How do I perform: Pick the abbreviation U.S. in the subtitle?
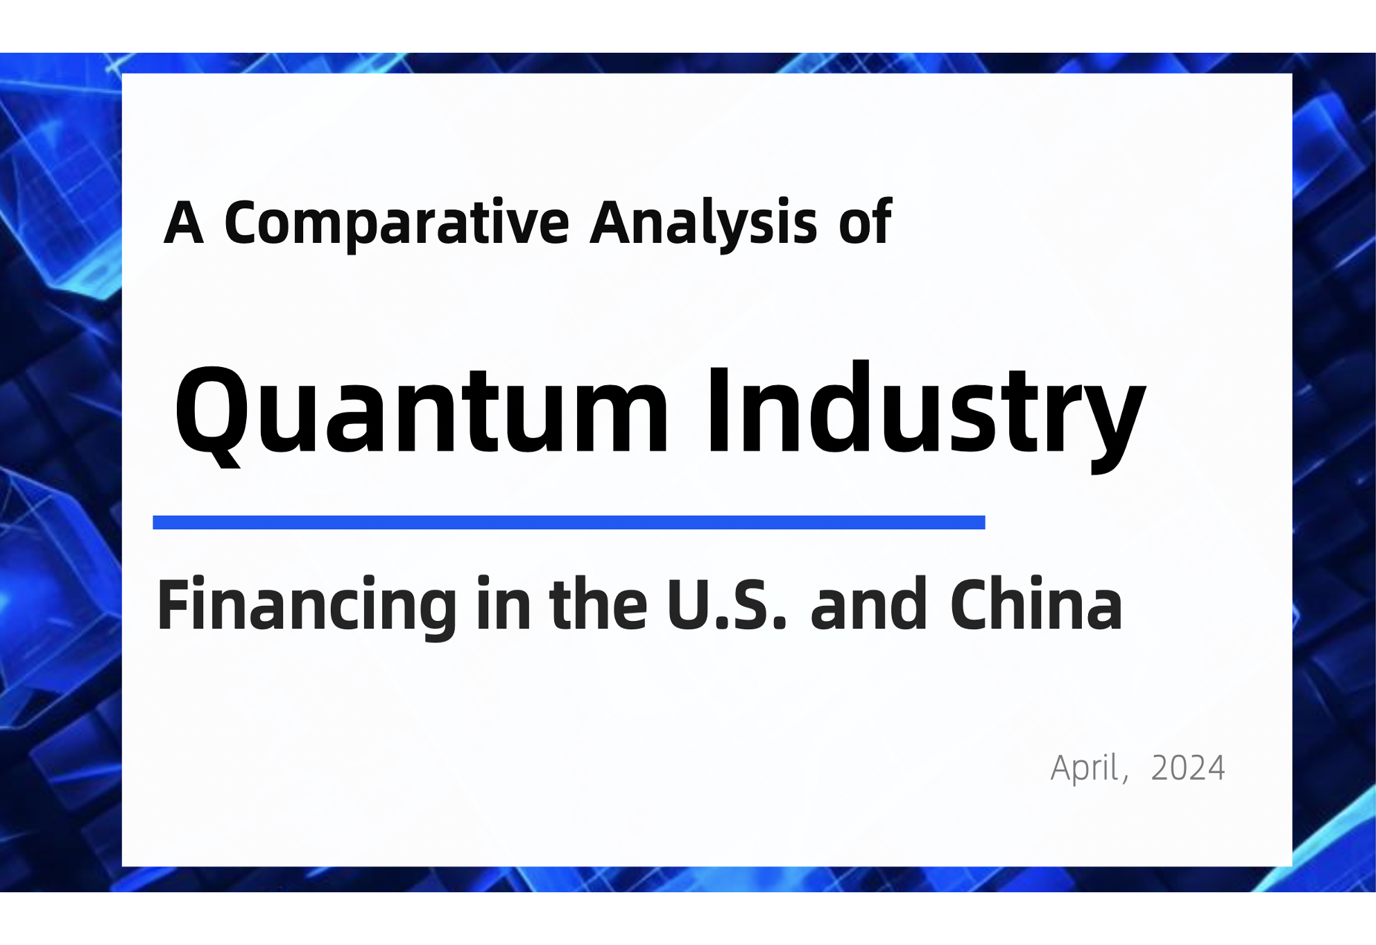click(728, 604)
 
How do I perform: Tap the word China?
click(1036, 604)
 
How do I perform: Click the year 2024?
click(1188, 768)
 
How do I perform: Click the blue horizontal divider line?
click(569, 522)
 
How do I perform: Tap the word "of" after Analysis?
click(865, 221)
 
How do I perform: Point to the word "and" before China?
click(869, 604)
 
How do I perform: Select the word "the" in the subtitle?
click(599, 604)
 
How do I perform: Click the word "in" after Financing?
click(504, 604)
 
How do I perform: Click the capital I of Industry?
click(719, 410)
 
